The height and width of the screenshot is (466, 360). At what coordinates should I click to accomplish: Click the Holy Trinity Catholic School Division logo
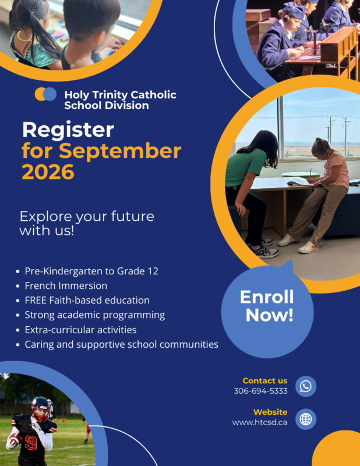(x=45, y=94)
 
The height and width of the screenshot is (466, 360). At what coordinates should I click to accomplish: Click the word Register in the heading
(x=68, y=130)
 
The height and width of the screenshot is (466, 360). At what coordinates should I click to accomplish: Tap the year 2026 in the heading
(x=48, y=172)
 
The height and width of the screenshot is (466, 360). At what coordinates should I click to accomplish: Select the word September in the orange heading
(x=120, y=151)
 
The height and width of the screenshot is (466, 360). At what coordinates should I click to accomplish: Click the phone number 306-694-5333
(x=260, y=391)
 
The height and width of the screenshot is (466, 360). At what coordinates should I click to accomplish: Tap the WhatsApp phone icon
(x=306, y=386)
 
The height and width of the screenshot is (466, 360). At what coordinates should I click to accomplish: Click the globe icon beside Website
(x=306, y=418)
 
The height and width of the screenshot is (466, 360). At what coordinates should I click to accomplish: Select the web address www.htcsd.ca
(x=259, y=422)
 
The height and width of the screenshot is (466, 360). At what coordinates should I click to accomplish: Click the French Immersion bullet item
(x=66, y=285)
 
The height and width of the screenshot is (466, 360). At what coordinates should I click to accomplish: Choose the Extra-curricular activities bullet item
(x=80, y=330)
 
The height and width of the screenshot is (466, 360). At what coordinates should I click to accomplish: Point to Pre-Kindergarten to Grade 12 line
(x=91, y=271)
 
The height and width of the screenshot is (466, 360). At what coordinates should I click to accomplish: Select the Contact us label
(x=265, y=381)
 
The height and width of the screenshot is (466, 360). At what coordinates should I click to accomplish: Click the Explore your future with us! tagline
(x=87, y=224)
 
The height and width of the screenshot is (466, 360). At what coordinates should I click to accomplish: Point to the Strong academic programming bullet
(x=94, y=315)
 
